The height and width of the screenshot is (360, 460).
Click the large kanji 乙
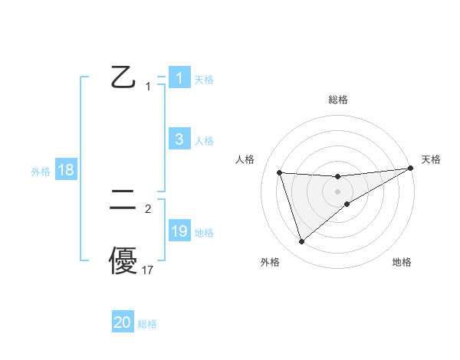tap(123, 77)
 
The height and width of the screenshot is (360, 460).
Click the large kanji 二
tap(123, 200)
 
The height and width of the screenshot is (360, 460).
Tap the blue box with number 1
tap(179, 77)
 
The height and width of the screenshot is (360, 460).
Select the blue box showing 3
tap(179, 139)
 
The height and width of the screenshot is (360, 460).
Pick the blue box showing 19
tap(179, 231)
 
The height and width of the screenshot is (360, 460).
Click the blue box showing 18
tap(65, 170)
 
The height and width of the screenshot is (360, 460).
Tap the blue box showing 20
tap(123, 322)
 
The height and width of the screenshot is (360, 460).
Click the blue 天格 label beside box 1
tap(203, 79)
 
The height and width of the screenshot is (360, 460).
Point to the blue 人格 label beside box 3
tap(203, 140)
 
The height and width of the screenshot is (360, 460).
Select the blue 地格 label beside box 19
tap(203, 232)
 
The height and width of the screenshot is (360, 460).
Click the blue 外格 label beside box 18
tap(41, 172)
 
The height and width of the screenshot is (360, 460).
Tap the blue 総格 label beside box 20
tap(147, 324)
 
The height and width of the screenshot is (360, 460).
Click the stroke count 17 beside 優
tap(148, 270)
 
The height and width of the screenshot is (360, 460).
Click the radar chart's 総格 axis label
tap(337, 100)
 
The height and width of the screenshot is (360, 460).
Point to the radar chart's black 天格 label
tap(431, 159)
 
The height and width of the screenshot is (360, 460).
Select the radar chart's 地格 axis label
tap(402, 262)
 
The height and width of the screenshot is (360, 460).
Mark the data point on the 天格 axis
tap(411, 169)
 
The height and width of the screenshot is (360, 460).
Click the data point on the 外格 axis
tap(301, 242)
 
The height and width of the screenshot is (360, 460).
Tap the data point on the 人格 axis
tap(279, 172)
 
